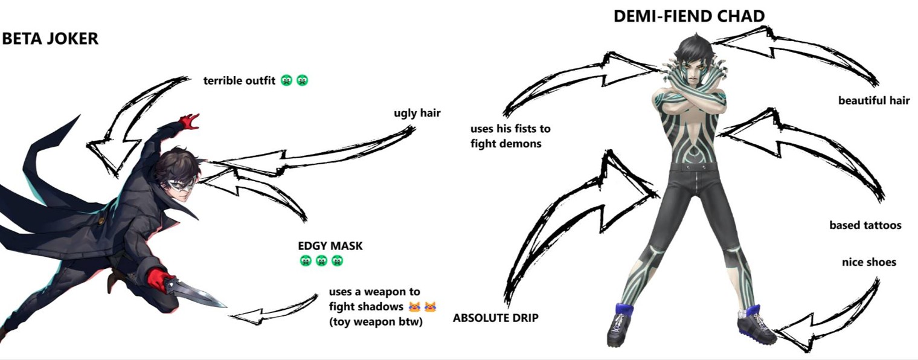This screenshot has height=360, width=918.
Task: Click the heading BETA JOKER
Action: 50,39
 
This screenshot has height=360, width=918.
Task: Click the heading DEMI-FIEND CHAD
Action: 688,16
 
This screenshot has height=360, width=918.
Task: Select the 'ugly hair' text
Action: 417,113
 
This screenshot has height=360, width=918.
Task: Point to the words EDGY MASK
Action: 330,246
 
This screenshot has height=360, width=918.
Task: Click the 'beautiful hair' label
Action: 873,101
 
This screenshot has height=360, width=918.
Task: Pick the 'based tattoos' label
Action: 865,225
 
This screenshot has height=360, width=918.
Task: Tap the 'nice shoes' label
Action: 868,262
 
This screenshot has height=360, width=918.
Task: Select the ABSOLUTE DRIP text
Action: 496,318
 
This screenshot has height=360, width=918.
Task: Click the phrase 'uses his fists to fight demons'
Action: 510,136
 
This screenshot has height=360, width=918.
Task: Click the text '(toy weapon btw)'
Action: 376,321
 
